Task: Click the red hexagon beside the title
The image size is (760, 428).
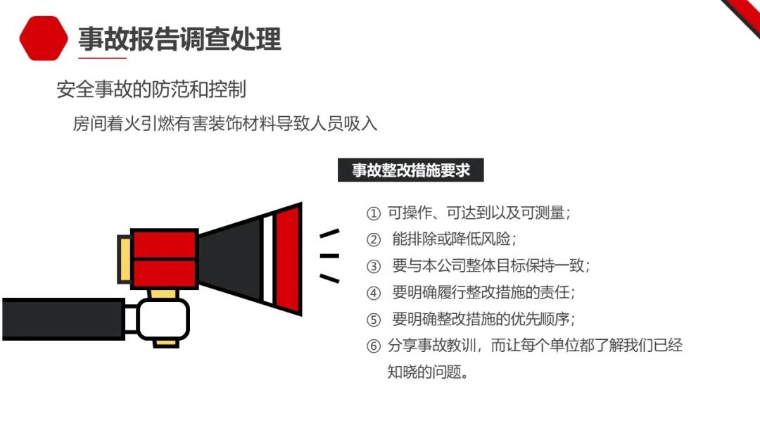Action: (x=44, y=38)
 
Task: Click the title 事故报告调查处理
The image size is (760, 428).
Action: (x=180, y=39)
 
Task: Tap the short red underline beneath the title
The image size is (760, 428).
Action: (x=102, y=58)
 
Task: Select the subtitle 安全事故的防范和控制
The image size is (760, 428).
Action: (x=152, y=89)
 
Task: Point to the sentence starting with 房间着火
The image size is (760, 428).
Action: (x=225, y=124)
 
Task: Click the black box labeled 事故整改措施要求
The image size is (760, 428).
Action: (x=410, y=170)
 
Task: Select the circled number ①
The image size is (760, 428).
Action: (x=373, y=213)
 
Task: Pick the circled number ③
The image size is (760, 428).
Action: (x=373, y=266)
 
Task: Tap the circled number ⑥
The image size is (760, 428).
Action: (x=373, y=346)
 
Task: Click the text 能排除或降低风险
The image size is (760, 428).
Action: (x=454, y=239)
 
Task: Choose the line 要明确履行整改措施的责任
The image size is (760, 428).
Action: (x=483, y=292)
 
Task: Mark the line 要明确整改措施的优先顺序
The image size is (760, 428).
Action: (x=483, y=319)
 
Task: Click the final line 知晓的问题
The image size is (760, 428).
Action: (x=428, y=372)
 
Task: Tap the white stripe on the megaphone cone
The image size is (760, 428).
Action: (x=268, y=259)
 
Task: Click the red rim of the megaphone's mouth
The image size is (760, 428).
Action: (x=288, y=259)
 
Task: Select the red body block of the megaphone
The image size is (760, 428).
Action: (x=164, y=259)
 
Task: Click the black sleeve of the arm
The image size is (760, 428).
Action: (x=63, y=319)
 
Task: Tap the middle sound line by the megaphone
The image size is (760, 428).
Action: (x=329, y=256)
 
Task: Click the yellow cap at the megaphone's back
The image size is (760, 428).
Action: (x=125, y=259)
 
